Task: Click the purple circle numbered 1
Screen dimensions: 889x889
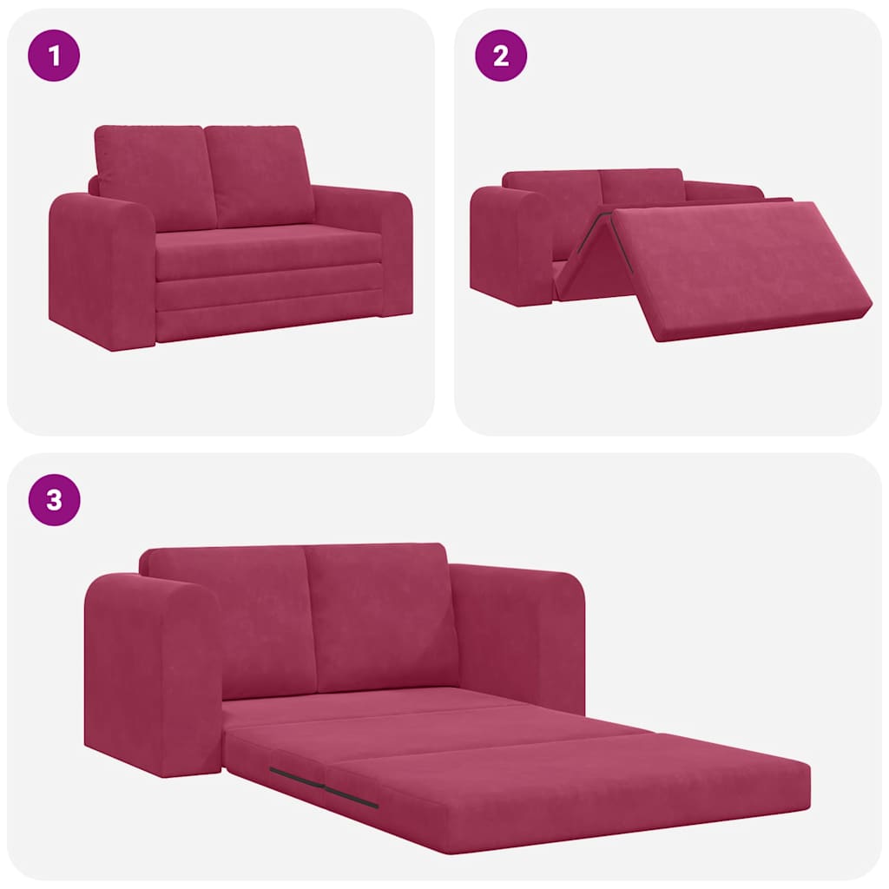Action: (x=55, y=56)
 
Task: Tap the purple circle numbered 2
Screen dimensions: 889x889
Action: (x=501, y=56)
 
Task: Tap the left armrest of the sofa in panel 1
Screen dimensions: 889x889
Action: (x=102, y=269)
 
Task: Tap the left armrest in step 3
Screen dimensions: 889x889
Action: (x=152, y=673)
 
